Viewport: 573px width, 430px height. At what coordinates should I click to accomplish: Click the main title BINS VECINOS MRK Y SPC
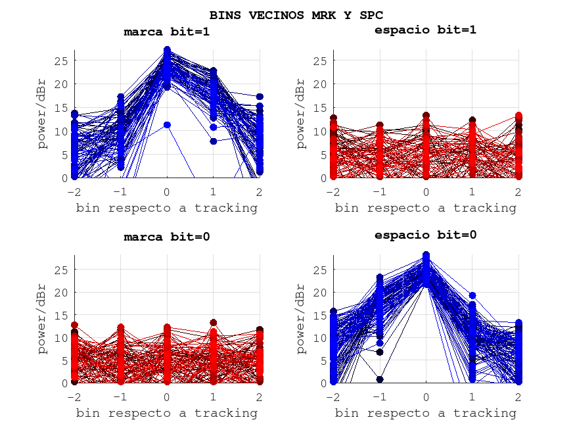[x=296, y=14]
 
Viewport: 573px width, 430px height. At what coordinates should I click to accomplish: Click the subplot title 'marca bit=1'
[x=167, y=32]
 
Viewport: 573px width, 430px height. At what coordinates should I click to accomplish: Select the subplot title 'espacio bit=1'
[x=425, y=30]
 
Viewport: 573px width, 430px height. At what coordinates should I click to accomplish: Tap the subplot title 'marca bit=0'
[x=167, y=237]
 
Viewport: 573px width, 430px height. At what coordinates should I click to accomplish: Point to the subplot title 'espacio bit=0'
[x=425, y=235]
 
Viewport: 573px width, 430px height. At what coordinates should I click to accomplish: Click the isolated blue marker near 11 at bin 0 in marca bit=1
[x=167, y=125]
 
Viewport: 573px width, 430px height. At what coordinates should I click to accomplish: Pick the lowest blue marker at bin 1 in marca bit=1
[x=214, y=141]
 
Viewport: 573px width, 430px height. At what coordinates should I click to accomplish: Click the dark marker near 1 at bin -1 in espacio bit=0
[x=380, y=379]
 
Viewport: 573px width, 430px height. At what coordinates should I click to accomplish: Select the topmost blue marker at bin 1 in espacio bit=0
[x=472, y=296]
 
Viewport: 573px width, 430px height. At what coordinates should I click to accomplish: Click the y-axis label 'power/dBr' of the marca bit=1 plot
[x=43, y=114]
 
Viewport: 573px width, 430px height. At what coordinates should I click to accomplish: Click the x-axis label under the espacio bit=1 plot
[x=425, y=208]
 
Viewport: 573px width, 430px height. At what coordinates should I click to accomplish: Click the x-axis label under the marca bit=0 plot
[x=167, y=413]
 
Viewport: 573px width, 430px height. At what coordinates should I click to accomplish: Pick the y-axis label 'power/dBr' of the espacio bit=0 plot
[x=301, y=319]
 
